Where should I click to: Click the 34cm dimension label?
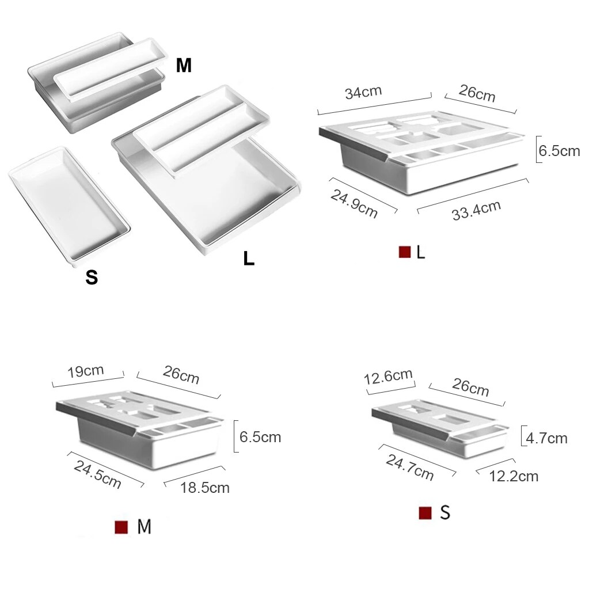[x=363, y=92]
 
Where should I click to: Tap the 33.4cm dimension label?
[x=476, y=210]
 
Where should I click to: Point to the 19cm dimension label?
[x=85, y=370]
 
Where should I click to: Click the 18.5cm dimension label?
[x=204, y=488]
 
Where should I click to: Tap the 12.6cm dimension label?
[x=389, y=377]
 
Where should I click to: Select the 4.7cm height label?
[x=546, y=438]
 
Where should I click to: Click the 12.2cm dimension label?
[x=514, y=476]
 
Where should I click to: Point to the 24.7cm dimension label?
[x=410, y=466]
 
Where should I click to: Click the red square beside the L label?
[x=404, y=252]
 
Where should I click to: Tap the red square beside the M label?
[x=121, y=527]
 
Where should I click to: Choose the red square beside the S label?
[x=425, y=513]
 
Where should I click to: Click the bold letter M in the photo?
[x=183, y=66]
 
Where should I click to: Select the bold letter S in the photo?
[x=92, y=278]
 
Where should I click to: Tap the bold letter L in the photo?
[x=248, y=259]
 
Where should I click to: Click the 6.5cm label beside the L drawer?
[x=559, y=151]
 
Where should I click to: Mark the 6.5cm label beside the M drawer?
[x=260, y=437]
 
